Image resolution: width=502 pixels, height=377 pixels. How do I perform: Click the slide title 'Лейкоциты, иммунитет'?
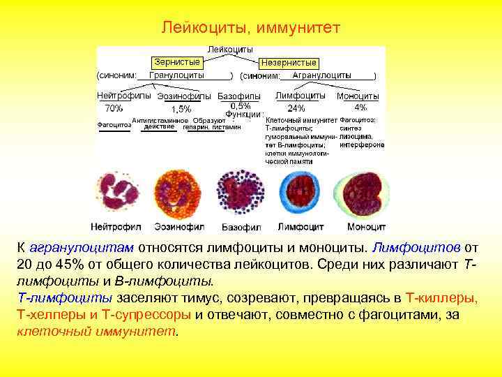[x=250, y=28]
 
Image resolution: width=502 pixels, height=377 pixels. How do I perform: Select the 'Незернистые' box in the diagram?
[x=289, y=63]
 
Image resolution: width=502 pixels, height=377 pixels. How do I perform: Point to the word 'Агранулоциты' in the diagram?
[x=321, y=75]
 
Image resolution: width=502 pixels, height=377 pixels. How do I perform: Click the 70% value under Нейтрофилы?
[x=114, y=108]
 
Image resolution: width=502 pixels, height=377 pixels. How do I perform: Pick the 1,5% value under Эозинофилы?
[x=181, y=109]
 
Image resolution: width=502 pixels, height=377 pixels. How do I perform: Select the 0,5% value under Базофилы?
[x=241, y=105]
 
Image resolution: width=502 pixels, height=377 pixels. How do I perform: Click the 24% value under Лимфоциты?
[x=296, y=108]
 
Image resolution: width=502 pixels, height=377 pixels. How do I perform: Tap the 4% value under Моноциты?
[x=360, y=108]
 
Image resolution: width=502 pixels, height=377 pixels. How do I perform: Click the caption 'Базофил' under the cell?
[x=241, y=227]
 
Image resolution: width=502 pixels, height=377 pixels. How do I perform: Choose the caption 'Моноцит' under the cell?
[x=366, y=227]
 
